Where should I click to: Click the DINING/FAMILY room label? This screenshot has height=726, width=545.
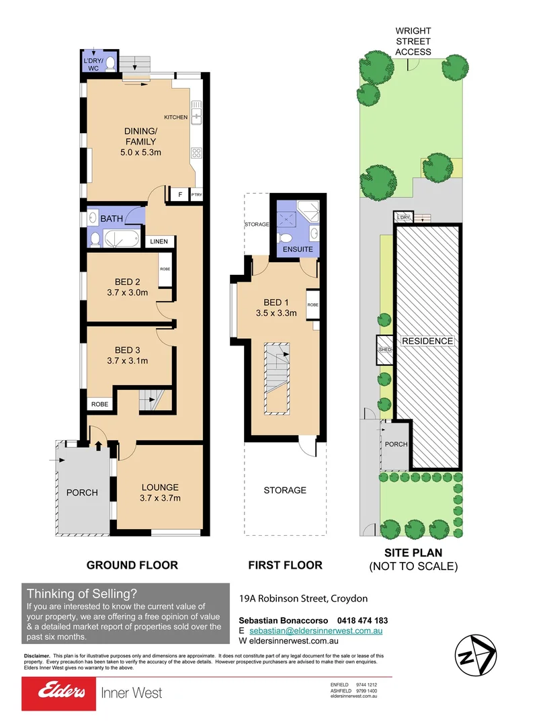coord(140,136)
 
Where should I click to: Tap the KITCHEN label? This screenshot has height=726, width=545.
coord(176,118)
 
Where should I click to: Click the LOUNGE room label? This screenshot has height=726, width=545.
coord(159,487)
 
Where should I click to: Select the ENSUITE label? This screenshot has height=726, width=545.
coord(298,249)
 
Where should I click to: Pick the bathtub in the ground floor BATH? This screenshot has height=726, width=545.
coord(120,239)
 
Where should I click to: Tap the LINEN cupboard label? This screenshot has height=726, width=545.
coord(159,241)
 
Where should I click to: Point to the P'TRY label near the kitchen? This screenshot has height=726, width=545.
coord(196,195)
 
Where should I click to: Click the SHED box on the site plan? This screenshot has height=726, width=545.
coord(385,349)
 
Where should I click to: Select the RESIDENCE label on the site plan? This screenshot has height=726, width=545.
coord(427,341)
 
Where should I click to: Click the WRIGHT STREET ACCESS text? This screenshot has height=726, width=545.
coord(413,41)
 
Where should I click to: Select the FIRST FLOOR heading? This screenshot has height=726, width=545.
coord(285,565)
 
